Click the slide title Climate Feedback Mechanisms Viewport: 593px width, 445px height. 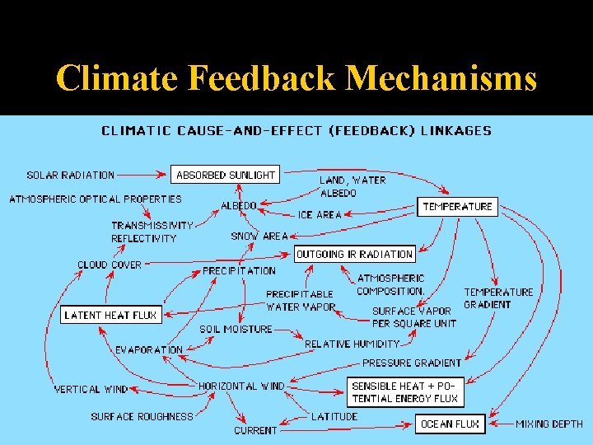[x=296, y=78]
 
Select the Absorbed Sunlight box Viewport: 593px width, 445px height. [x=226, y=175]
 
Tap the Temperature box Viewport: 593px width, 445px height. [x=457, y=206]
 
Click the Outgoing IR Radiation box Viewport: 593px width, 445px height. [x=354, y=254]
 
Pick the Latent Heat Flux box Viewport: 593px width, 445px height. [x=110, y=315]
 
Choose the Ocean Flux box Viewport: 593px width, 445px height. [x=450, y=424]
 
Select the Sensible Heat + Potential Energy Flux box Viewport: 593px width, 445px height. [x=405, y=392]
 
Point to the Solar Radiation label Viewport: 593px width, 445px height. [x=71, y=175]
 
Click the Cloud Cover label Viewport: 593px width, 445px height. [x=110, y=265]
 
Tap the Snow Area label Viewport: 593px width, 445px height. [x=259, y=236]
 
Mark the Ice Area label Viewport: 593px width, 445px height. [x=320, y=214]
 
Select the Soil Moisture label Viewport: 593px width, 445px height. [x=236, y=329]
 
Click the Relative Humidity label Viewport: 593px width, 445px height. [x=352, y=344]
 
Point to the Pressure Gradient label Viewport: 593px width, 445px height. [x=412, y=362]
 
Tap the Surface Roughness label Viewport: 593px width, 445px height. [x=142, y=416]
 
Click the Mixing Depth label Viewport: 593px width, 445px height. [x=549, y=424]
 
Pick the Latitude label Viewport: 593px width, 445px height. [x=334, y=416]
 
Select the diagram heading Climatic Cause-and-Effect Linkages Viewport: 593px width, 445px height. [x=296, y=130]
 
